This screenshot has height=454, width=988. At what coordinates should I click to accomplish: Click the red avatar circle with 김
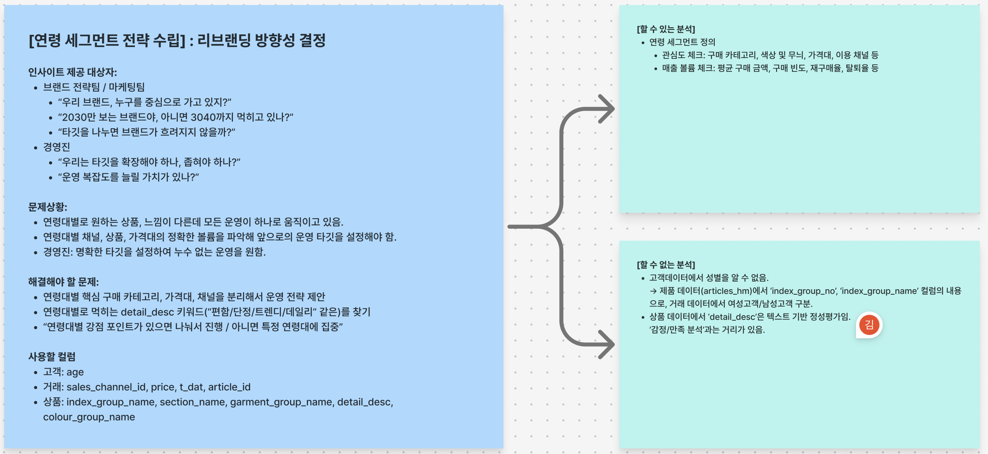point(869,325)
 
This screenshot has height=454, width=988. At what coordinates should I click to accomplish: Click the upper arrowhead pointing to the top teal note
point(607,109)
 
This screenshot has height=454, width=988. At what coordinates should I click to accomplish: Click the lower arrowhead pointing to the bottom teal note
point(607,344)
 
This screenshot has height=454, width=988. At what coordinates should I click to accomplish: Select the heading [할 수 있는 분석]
point(666,29)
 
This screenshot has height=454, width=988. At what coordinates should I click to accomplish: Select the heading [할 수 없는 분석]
point(666,265)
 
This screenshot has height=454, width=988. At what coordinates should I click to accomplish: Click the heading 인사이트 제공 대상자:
point(72,72)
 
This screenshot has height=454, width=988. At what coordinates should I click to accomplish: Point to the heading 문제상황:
point(48,207)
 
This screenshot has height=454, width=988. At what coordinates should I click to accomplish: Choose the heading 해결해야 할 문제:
point(63,282)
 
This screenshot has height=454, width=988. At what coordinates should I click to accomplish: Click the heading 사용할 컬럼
point(52,357)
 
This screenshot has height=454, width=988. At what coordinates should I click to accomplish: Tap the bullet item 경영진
point(56,147)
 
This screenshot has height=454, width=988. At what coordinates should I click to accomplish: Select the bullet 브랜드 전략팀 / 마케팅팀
point(94,87)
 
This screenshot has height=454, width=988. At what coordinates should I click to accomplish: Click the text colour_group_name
point(89,417)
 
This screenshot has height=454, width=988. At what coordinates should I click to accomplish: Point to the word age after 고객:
point(75,372)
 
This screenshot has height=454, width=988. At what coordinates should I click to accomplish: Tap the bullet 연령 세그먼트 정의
point(682,42)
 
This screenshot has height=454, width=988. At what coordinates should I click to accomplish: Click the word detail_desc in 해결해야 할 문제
point(147,312)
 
